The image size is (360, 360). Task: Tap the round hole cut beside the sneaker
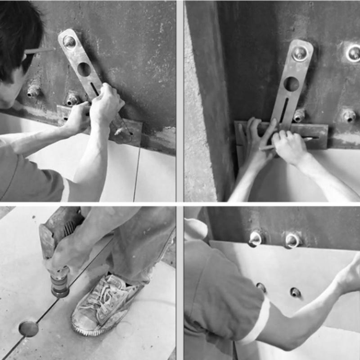point(28,328)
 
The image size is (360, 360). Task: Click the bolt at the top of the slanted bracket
point(69,41)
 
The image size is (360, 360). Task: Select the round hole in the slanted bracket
point(84,69)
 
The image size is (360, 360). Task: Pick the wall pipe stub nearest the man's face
point(33,92)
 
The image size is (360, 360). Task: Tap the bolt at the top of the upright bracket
point(299,54)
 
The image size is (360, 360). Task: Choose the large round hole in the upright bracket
point(291,84)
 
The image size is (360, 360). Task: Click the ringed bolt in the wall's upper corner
point(353,53)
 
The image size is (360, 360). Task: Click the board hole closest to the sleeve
point(261,287)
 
